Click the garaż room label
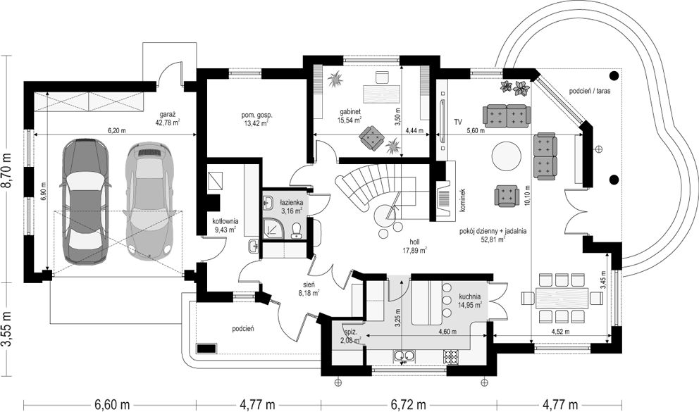[167, 113]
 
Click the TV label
[458, 123]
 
